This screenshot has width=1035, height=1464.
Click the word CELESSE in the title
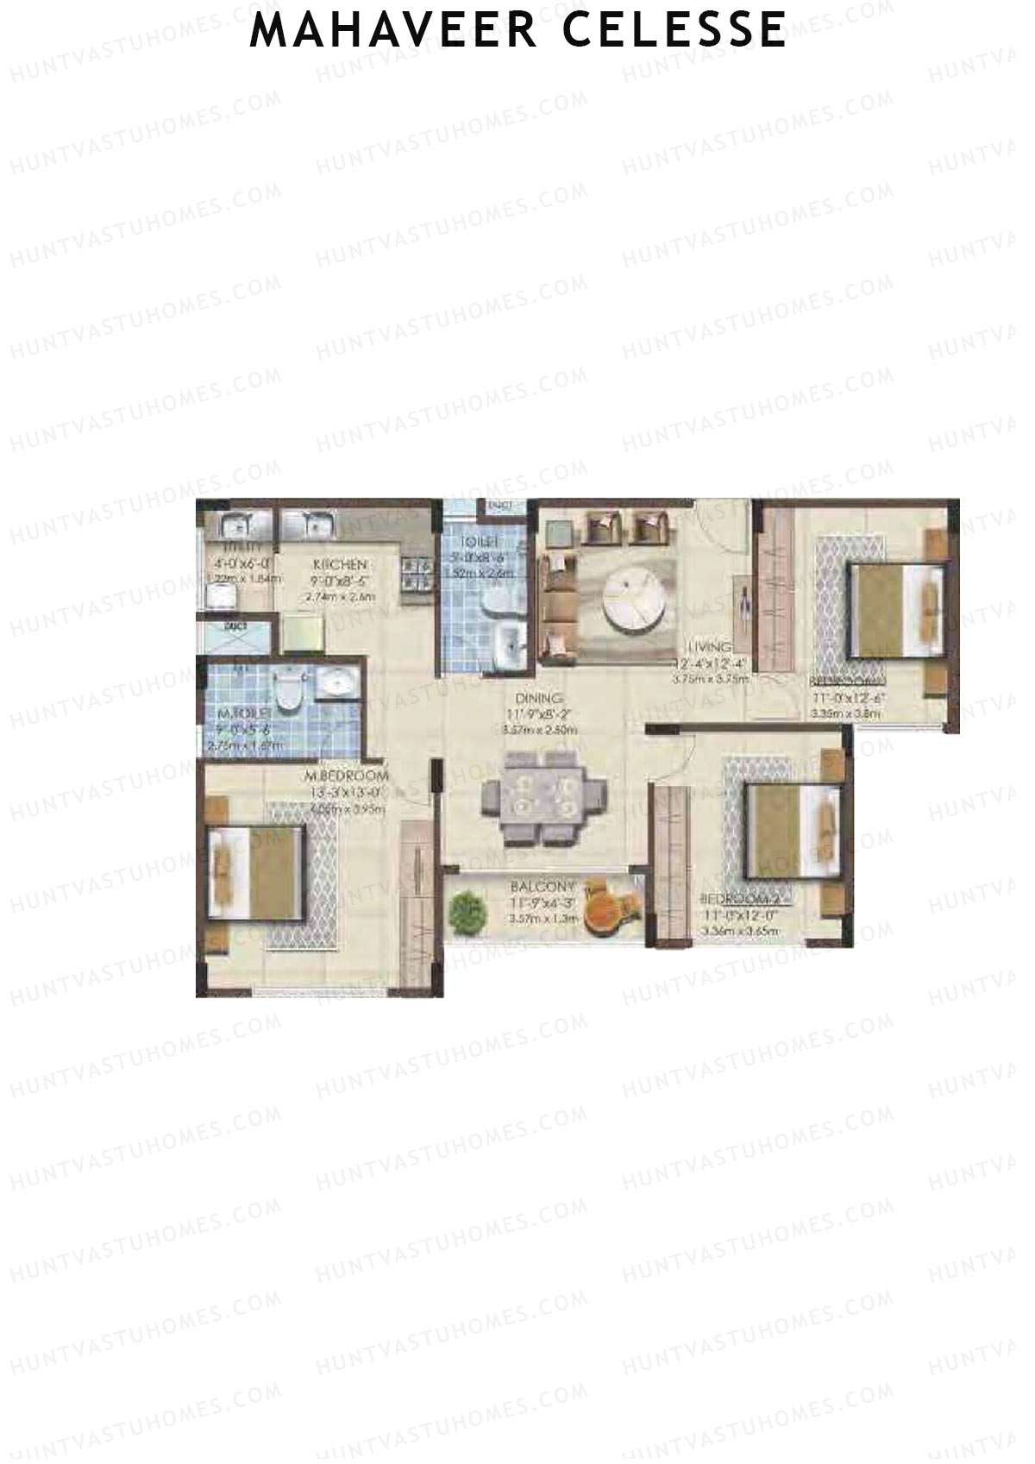point(674,30)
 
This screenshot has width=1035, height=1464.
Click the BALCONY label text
point(542,887)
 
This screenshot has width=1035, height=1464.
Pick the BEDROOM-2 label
point(745,899)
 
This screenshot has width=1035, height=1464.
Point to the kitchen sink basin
point(310,523)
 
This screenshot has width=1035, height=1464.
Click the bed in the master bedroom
point(256,873)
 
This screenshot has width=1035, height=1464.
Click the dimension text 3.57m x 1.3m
point(542,920)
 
